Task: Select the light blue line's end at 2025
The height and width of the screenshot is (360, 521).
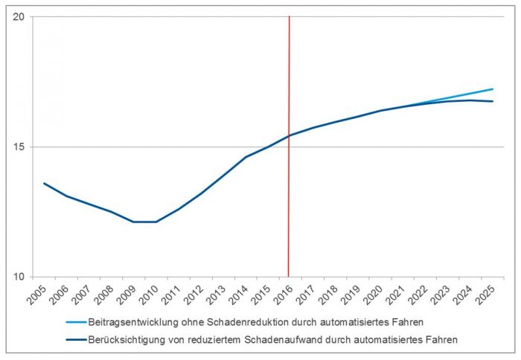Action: pyautogui.click(x=492, y=89)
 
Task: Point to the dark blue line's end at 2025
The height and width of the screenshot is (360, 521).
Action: pyautogui.click(x=492, y=101)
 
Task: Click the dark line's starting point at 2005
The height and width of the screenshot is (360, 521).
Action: pyautogui.click(x=45, y=183)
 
